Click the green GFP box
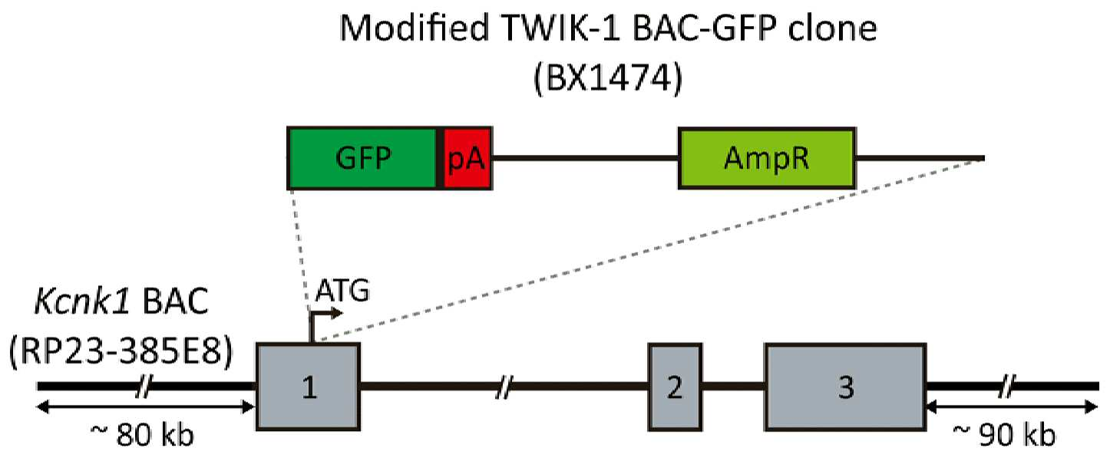(x=362, y=159)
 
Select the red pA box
(x=467, y=159)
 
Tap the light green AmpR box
(x=767, y=159)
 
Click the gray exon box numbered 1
(x=309, y=387)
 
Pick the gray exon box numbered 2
(x=676, y=387)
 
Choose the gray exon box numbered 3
(x=845, y=387)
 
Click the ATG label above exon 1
(x=342, y=291)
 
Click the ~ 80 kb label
(x=142, y=435)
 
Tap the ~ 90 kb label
(x=1005, y=435)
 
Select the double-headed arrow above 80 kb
(x=146, y=407)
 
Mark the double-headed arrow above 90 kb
(x=1012, y=407)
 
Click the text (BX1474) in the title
(x=607, y=78)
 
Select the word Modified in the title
(x=415, y=28)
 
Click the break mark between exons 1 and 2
(x=504, y=387)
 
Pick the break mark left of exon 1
(x=144, y=387)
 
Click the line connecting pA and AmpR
(x=585, y=159)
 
